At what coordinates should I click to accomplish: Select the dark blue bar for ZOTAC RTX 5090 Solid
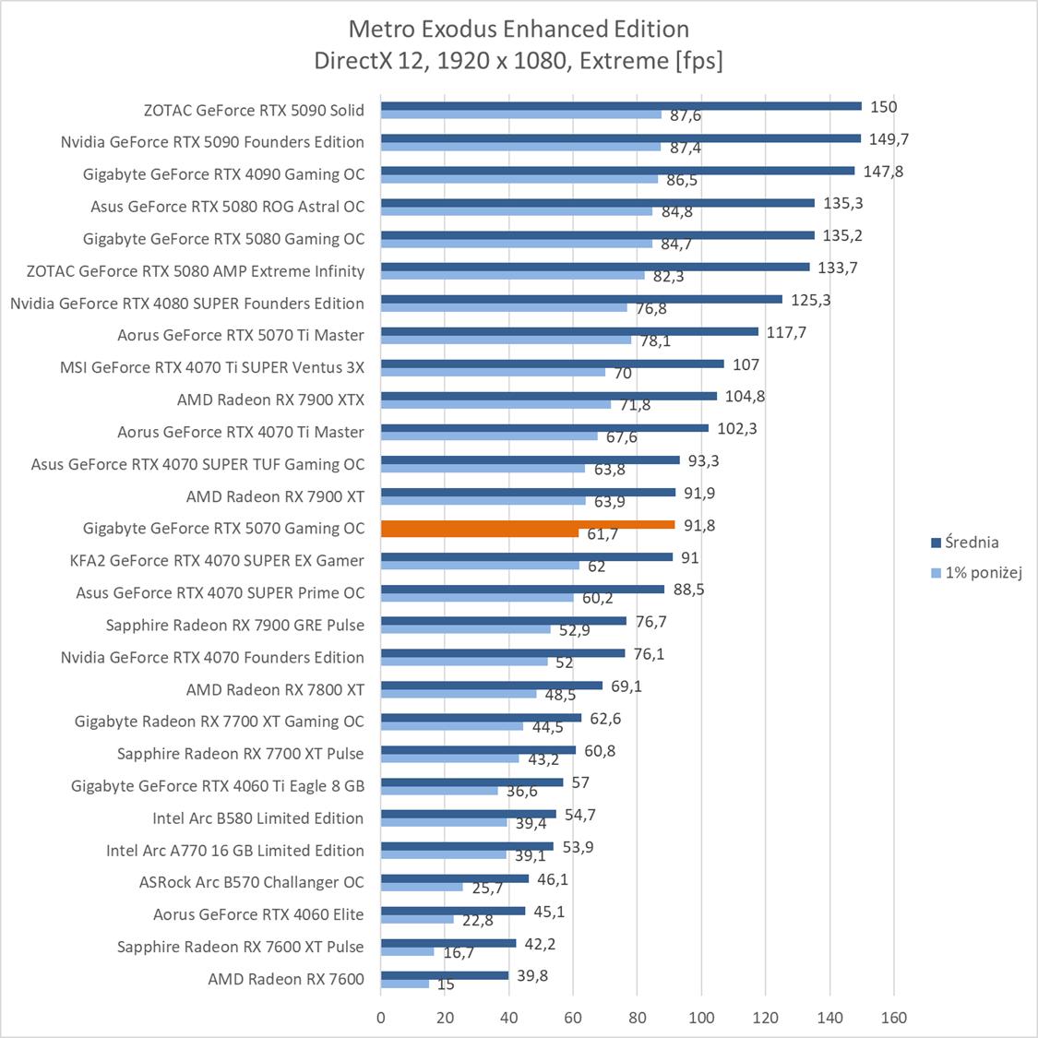point(621,106)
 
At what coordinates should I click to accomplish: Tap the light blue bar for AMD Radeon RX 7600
point(405,984)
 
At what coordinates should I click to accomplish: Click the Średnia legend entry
point(964,543)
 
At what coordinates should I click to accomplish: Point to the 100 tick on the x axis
point(701,1018)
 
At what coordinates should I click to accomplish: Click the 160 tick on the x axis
point(894,1018)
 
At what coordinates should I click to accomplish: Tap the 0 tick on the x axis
point(381,1018)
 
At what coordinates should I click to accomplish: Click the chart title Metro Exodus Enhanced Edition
point(519,30)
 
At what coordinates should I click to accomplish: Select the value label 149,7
point(889,139)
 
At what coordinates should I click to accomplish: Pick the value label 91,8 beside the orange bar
point(698,525)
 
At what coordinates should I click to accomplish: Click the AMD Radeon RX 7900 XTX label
point(270,400)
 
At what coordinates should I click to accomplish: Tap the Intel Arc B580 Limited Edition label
point(258,817)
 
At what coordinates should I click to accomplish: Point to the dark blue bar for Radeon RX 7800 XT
point(492,686)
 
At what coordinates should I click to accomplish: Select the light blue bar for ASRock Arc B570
point(422,887)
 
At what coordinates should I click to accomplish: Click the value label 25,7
point(487,889)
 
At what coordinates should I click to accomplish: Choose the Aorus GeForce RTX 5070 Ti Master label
point(241,335)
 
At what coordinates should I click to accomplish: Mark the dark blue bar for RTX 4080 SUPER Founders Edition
point(581,299)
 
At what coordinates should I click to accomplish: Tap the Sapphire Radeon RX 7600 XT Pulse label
point(241,947)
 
